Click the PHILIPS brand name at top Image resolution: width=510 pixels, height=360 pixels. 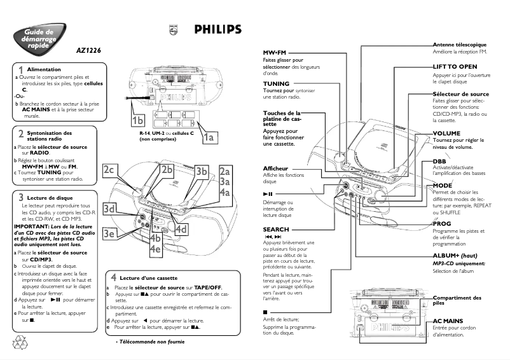click(217, 29)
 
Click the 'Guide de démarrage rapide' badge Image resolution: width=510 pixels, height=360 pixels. click(39, 37)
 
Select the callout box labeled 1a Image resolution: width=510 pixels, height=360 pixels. click(209, 135)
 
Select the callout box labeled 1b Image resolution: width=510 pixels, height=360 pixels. click(138, 120)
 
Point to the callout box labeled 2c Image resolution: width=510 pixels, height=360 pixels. click(109, 169)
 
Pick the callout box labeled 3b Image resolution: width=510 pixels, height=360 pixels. click(202, 170)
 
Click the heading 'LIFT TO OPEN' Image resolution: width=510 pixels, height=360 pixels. click(455, 66)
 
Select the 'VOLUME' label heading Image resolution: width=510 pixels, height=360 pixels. click(446, 134)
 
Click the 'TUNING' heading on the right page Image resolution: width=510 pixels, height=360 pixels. click(276, 84)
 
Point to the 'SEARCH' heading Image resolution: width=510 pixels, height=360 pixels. click(276, 229)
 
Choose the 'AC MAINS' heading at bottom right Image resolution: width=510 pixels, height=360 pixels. click(448, 321)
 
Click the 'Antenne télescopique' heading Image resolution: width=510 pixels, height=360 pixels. click(460, 45)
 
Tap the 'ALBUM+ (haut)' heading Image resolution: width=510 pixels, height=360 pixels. click(455, 255)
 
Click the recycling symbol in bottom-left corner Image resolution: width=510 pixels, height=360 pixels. click(18, 342)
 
